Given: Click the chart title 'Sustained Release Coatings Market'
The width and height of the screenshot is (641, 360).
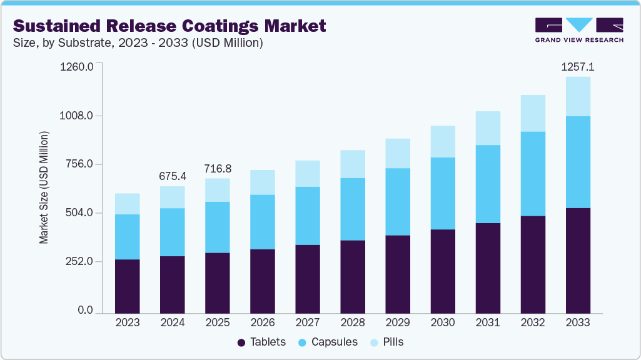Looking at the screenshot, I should pyautogui.click(x=169, y=26).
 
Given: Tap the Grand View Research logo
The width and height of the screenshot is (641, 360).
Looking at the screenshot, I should pyautogui.click(x=579, y=29).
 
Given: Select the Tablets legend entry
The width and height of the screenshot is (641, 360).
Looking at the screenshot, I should pyautogui.click(x=261, y=342).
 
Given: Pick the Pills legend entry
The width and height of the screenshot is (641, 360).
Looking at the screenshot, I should pyautogui.click(x=388, y=342).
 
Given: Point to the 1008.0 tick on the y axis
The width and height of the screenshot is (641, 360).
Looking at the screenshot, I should pyautogui.click(x=76, y=116).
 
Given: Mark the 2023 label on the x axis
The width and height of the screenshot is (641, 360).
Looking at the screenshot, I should pyautogui.click(x=128, y=322).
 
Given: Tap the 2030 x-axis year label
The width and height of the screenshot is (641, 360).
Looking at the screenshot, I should pyautogui.click(x=443, y=322).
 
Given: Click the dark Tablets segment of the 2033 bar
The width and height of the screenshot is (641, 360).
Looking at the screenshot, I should pyautogui.click(x=578, y=260).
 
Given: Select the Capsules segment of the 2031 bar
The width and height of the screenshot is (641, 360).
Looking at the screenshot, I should pyautogui.click(x=488, y=184).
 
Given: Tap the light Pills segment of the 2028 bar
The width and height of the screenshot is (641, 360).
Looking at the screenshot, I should pyautogui.click(x=353, y=164).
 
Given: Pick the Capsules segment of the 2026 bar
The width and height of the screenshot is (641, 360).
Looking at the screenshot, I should pyautogui.click(x=263, y=222).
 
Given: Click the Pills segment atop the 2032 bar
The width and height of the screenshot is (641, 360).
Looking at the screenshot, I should pyautogui.click(x=533, y=113).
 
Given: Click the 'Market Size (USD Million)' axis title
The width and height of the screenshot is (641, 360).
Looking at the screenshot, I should pyautogui.click(x=44, y=187).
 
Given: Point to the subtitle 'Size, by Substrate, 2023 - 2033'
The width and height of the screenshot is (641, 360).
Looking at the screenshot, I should pyautogui.click(x=138, y=43).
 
